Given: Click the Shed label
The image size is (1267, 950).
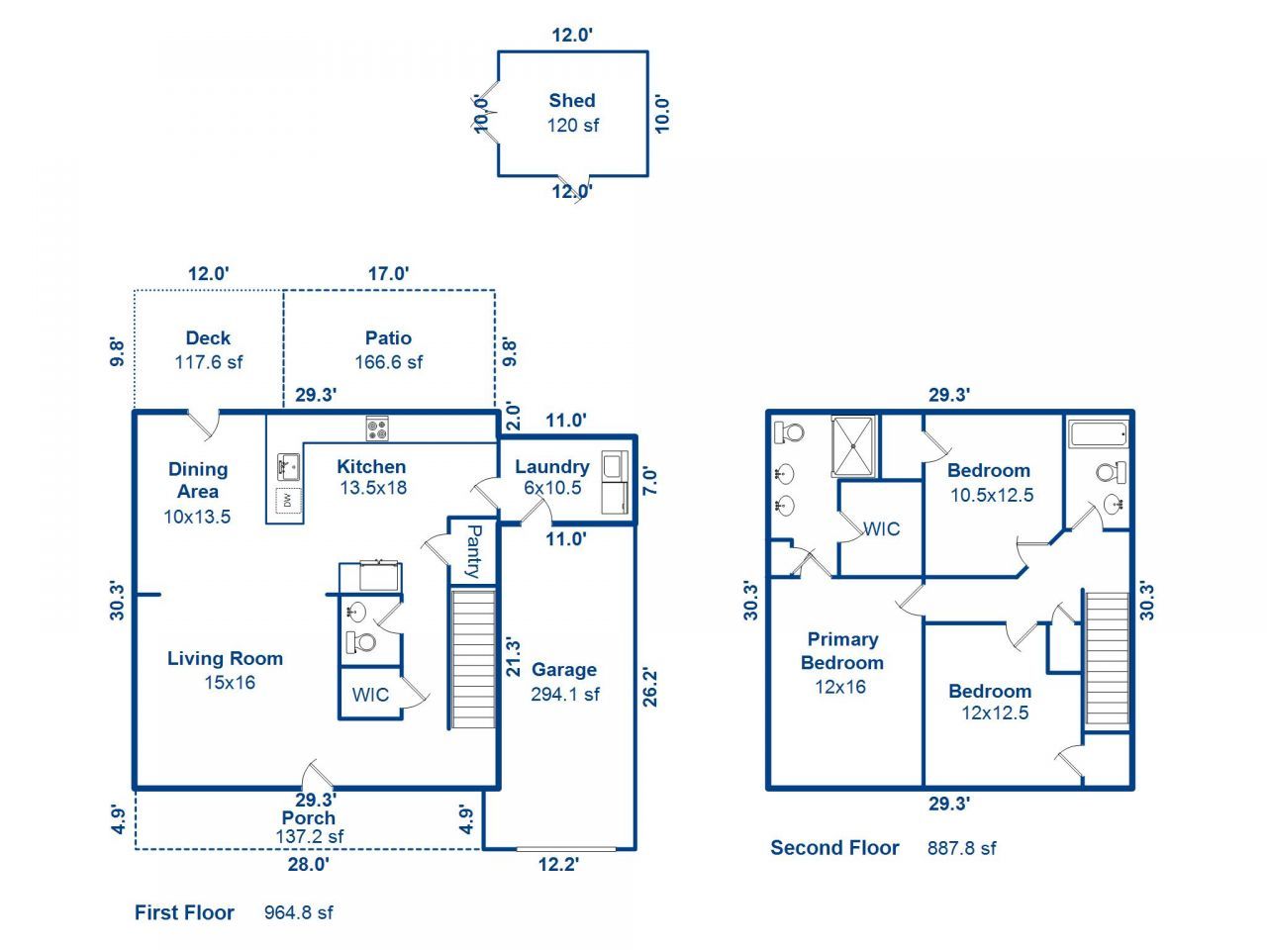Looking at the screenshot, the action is [x=572, y=100].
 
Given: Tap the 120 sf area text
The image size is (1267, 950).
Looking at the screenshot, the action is [x=573, y=126].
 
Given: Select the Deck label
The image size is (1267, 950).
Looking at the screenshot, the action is [x=208, y=338].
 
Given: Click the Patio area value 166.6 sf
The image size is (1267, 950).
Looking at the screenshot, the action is [x=388, y=362].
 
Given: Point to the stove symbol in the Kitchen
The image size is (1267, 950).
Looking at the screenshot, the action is [x=377, y=429].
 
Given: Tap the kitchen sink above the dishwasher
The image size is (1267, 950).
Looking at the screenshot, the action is [x=288, y=463].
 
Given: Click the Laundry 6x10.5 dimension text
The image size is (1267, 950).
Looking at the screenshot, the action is [x=552, y=488].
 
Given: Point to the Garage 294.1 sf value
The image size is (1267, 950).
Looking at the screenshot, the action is [x=565, y=695].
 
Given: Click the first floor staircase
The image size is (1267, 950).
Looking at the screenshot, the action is [x=473, y=658].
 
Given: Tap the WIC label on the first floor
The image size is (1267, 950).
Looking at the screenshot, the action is [x=370, y=695].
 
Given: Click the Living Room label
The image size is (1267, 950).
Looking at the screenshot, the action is [x=225, y=659].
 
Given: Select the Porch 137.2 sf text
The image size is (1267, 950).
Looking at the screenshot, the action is [x=309, y=837].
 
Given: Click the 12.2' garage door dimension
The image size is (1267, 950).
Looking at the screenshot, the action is [x=558, y=865].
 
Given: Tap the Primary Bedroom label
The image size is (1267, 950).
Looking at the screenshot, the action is [x=841, y=651].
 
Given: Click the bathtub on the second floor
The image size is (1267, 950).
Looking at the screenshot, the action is [x=1099, y=433].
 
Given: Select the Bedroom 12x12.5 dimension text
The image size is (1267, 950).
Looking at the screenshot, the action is [x=994, y=712].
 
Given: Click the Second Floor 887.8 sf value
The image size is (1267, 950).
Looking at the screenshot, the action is [x=961, y=848].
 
